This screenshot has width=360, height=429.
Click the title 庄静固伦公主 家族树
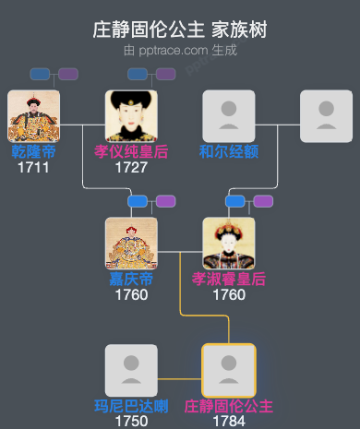180,30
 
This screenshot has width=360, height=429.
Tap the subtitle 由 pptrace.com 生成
180,50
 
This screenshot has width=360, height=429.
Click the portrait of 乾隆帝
33,115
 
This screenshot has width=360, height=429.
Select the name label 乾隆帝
33,151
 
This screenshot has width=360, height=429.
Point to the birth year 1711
33,167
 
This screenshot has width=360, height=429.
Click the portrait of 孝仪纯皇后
131,115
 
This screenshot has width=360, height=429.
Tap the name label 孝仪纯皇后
131,151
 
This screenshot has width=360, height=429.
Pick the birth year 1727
131,167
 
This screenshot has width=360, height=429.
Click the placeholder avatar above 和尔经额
228,115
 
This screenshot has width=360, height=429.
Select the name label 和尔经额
228,151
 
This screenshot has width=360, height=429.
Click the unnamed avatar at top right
326,115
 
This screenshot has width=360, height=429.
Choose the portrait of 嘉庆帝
131,244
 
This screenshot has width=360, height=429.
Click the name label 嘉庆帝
131,279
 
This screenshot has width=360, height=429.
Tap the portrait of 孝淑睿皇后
228,244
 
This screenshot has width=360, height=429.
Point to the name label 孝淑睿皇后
228,279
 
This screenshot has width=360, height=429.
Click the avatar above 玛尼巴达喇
131,370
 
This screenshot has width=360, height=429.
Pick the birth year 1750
131,421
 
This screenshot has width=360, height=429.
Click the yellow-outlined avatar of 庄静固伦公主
228,370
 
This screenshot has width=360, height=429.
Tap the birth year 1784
228,421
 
